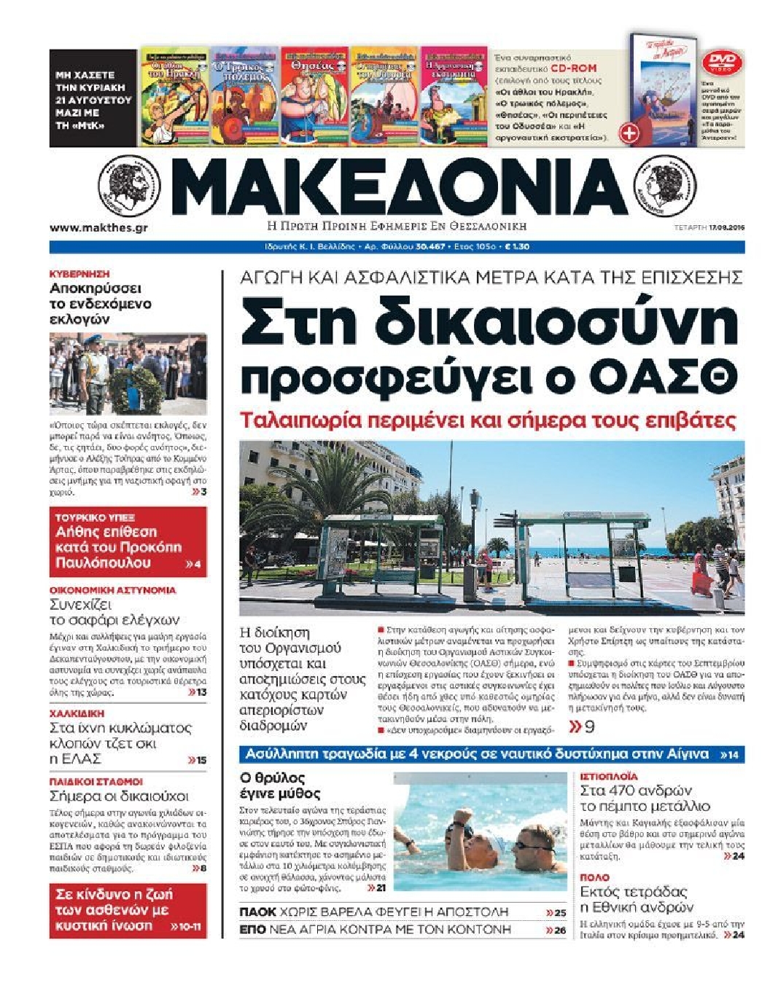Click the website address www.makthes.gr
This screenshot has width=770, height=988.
(x=98, y=228)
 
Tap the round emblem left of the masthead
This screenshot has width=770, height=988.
(x=129, y=186)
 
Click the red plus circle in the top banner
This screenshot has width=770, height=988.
(x=629, y=133)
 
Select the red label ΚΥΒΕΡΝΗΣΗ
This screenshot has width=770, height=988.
(x=79, y=274)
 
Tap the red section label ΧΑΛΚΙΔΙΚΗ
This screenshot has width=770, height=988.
(x=77, y=713)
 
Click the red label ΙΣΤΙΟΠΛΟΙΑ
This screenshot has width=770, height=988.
(x=609, y=777)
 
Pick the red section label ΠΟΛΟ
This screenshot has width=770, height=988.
(x=594, y=877)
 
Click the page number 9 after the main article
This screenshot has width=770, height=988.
(x=589, y=726)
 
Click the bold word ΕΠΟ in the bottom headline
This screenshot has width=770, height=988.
(x=252, y=930)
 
